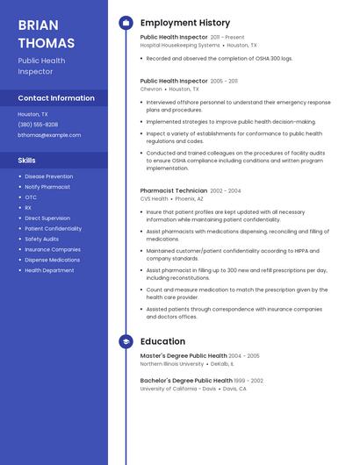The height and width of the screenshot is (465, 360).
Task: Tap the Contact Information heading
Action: (56, 98)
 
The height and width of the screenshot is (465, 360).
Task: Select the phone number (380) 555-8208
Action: (38, 125)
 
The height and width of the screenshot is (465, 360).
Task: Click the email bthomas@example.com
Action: (49, 135)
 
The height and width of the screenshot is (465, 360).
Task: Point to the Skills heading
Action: (27, 161)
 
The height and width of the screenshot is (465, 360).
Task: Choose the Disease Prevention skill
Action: (49, 176)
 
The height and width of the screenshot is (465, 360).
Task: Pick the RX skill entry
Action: (29, 208)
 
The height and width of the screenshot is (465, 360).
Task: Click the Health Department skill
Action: (49, 270)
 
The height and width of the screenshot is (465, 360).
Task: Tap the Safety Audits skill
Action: (42, 239)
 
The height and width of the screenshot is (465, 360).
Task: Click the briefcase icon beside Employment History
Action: (126, 23)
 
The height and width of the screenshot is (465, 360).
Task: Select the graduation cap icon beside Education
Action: (126, 341)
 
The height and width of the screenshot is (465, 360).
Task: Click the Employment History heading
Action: (185, 23)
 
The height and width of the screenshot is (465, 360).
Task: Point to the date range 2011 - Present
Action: (227, 38)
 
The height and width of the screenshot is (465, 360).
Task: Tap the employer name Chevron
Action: (151, 89)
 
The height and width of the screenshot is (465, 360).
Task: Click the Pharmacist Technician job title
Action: (174, 190)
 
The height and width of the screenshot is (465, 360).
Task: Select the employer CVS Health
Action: (154, 198)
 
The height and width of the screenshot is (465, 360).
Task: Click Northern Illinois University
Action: (172, 363)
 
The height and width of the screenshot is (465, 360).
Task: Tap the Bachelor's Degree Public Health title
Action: (186, 381)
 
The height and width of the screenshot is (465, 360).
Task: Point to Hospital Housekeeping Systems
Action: (180, 45)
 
